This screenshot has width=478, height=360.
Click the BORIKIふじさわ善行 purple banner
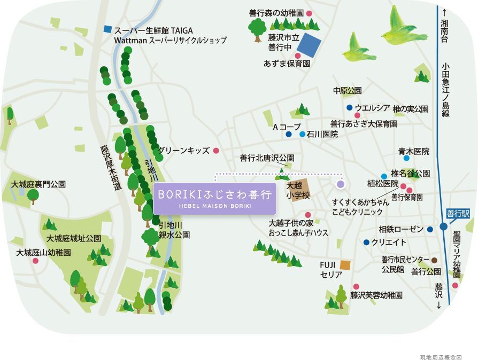click(x=215, y=198)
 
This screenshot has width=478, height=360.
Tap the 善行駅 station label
click(x=458, y=213)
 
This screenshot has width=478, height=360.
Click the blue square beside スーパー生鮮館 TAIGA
click(x=108, y=29)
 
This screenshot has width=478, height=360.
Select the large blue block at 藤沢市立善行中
click(x=309, y=45)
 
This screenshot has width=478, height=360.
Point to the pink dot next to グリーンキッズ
click(x=216, y=151)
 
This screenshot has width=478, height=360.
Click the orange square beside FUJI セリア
click(x=345, y=265)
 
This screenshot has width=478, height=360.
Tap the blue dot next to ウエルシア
click(x=349, y=108)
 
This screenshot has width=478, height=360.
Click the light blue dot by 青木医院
click(x=406, y=158)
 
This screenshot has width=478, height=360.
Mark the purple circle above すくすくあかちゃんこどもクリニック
click(x=341, y=184)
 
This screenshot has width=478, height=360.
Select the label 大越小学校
click(x=298, y=191)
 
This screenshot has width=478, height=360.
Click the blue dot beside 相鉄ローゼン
click(x=430, y=230)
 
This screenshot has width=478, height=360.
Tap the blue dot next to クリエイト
click(x=366, y=242)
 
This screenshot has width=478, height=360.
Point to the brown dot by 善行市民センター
click(x=434, y=260)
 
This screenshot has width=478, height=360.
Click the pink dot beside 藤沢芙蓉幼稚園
click(x=356, y=287)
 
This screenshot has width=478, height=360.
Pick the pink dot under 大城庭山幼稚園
click(x=35, y=261)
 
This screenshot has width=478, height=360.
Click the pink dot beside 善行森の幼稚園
click(x=309, y=13)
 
